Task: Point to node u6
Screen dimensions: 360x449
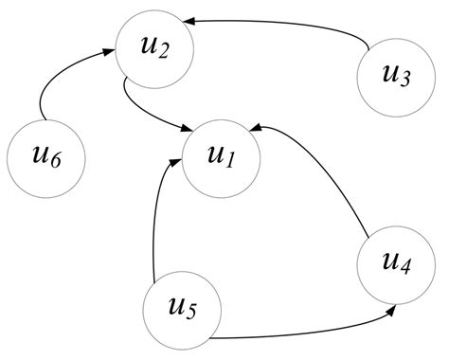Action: [x=45, y=155]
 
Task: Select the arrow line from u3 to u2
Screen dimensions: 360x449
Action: [x=284, y=27]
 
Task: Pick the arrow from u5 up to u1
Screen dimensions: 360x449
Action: [x=153, y=218]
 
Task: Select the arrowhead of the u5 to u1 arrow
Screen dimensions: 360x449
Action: [x=177, y=163]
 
